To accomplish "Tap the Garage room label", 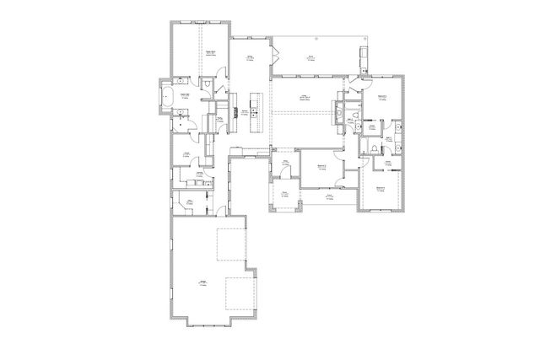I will pyautogui.click(x=202, y=282).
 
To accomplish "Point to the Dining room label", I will pyautogui.click(x=251, y=57).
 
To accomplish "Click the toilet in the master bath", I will pyautogui.click(x=206, y=86).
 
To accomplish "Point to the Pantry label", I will pyautogui.click(x=218, y=121).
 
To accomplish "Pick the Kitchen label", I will pyautogui.click(x=246, y=112).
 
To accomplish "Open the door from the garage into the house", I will pyautogui.click(x=221, y=212).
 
